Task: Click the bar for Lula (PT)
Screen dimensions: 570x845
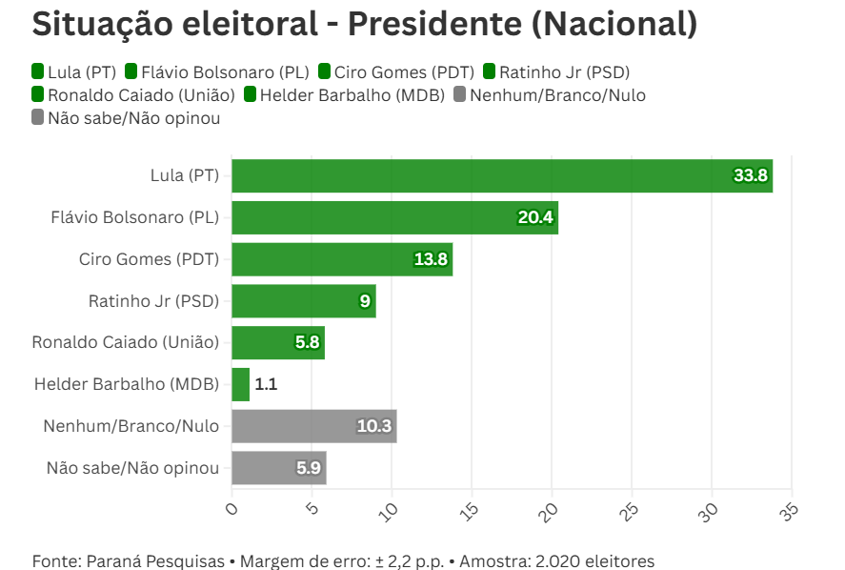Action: (502, 176)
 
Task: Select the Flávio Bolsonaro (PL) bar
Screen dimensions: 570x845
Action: (394, 217)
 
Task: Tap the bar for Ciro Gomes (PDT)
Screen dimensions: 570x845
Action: (342, 259)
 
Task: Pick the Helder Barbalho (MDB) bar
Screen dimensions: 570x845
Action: (240, 385)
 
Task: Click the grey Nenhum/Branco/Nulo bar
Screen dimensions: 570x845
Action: (313, 427)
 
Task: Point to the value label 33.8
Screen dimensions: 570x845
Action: (751, 176)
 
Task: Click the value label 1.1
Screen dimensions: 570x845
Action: (266, 385)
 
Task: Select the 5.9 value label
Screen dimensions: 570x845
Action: (309, 469)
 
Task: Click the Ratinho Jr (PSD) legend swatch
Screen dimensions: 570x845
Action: (491, 71)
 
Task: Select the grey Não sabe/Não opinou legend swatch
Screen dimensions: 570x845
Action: (38, 118)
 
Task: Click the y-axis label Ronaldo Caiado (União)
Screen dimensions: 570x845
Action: (125, 343)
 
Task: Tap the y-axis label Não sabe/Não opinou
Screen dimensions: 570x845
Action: (132, 469)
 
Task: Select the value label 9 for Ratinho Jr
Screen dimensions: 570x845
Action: (364, 301)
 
